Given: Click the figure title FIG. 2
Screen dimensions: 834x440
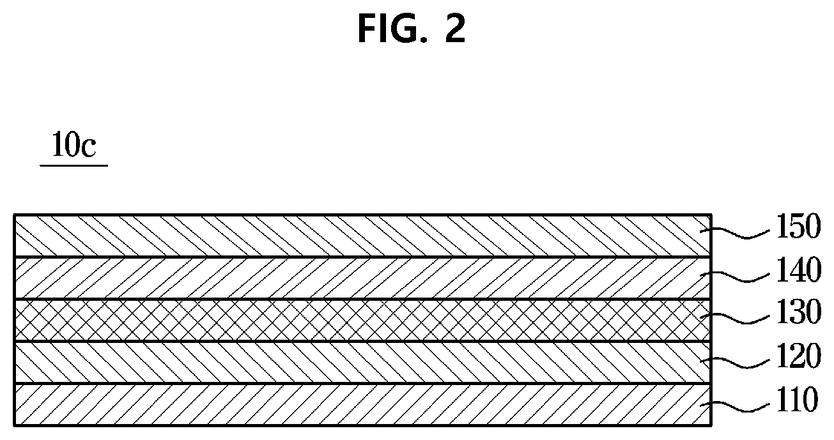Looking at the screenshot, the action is coord(412,29).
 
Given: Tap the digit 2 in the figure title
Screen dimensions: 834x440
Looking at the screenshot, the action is coord(455,29).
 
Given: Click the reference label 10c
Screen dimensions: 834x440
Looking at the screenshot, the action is coord(73,145).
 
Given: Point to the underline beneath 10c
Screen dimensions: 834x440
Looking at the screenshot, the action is coord(73,165).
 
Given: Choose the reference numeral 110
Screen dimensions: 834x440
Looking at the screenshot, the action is coord(797,400).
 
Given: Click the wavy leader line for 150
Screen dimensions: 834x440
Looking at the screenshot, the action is coord(734,233).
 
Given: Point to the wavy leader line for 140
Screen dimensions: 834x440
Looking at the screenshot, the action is coord(734,277).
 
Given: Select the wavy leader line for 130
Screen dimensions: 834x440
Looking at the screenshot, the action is coord(734,319).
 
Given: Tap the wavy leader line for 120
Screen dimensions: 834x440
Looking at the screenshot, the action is coord(734,363).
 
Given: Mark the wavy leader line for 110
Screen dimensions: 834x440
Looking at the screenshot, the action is coord(734,406).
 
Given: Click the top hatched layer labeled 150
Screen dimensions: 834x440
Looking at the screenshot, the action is coord(362,236).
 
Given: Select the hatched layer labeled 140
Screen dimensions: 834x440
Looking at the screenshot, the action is coord(362,278).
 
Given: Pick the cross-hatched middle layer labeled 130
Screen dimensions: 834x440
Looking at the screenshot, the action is coord(362,320).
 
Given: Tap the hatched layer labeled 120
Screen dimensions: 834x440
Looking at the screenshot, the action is coord(362,362).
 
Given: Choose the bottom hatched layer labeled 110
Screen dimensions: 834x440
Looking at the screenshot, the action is coord(362,404).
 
